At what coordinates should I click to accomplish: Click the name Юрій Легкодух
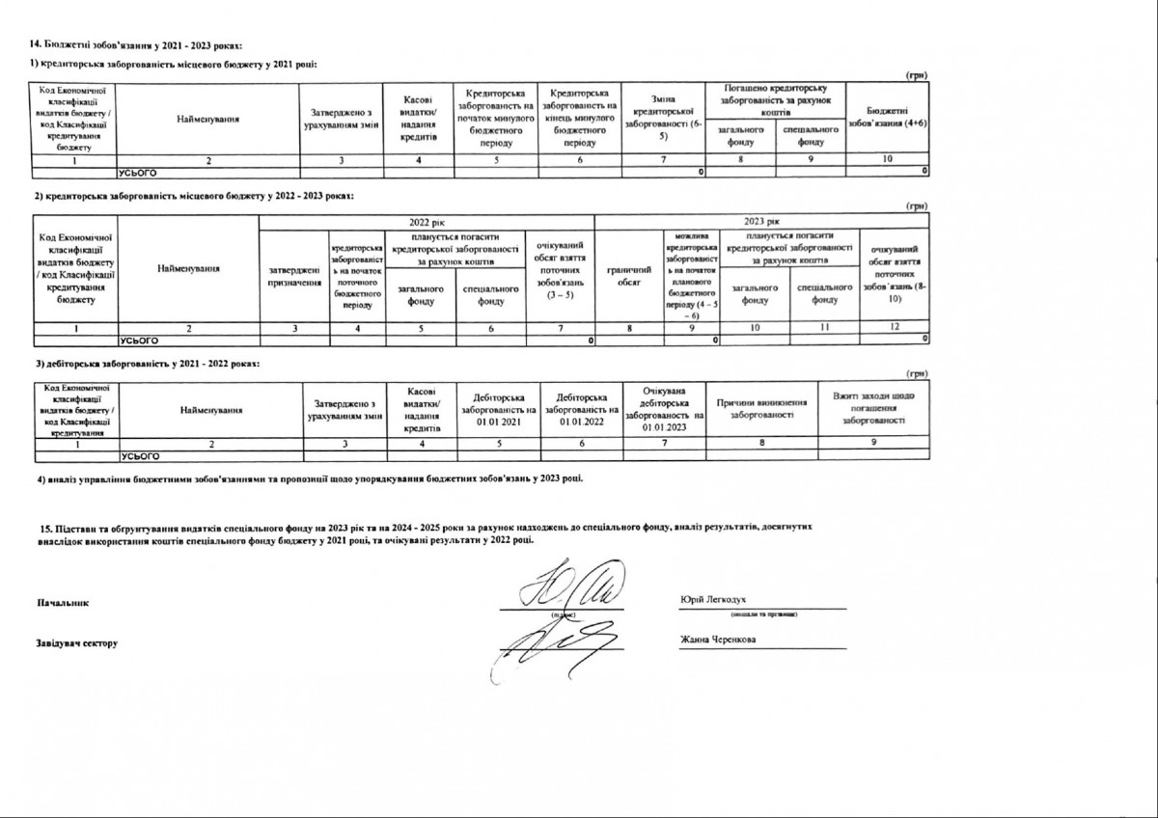pyautogui.click(x=713, y=599)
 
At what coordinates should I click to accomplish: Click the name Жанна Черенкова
pyautogui.click(x=717, y=640)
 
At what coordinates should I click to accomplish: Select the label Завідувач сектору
pyautogui.click(x=76, y=642)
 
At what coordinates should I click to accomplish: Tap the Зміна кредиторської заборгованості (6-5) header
pyautogui.click(x=665, y=118)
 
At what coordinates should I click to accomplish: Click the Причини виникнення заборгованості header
pyautogui.click(x=761, y=408)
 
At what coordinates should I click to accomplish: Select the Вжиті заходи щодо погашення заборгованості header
pyautogui.click(x=873, y=408)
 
